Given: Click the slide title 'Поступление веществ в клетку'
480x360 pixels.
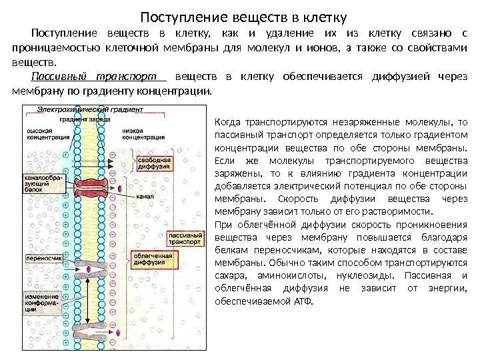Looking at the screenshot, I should [246, 12].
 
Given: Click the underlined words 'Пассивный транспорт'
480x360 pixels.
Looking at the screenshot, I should [99, 77].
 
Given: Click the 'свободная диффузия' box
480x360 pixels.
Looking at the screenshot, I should [156, 165].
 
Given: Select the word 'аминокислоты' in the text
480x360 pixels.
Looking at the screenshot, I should [283, 277].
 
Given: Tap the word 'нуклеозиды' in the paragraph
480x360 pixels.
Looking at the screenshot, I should [355, 277].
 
